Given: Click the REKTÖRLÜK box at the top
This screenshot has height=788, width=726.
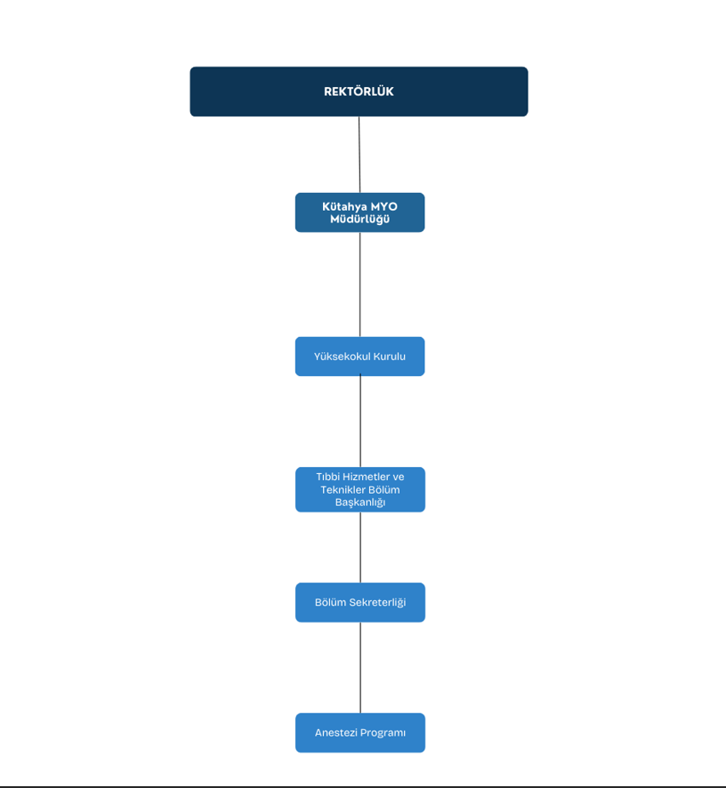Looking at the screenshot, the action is (x=359, y=92).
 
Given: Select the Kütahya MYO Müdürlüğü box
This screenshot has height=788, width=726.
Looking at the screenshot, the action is (x=360, y=213).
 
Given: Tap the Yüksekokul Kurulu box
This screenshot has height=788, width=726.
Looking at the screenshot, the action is (x=360, y=357).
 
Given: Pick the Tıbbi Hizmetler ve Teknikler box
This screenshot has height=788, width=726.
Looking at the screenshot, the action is (x=360, y=489).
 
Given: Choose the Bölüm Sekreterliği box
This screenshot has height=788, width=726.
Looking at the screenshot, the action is (x=360, y=602).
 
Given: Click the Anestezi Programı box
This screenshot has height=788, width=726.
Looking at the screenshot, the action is (x=360, y=733).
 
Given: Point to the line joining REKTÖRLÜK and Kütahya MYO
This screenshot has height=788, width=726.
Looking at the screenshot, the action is (x=359, y=155).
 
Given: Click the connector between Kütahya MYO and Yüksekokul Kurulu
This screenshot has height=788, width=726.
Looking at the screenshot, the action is (x=360, y=285).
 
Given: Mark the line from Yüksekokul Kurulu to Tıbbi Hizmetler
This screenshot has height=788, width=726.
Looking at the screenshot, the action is (x=360, y=422).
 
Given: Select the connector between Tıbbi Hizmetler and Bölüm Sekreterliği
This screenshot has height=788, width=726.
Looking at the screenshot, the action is (x=360, y=547).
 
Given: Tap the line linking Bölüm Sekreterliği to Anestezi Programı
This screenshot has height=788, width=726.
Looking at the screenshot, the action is (x=360, y=668).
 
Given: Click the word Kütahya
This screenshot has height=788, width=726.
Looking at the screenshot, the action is (x=344, y=206).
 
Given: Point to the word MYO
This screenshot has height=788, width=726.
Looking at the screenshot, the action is (x=384, y=206).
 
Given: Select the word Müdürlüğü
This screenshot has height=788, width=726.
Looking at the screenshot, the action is (x=360, y=219).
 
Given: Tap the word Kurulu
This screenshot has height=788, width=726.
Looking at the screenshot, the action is (x=389, y=357).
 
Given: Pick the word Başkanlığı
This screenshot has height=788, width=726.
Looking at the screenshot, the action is (x=360, y=503).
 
